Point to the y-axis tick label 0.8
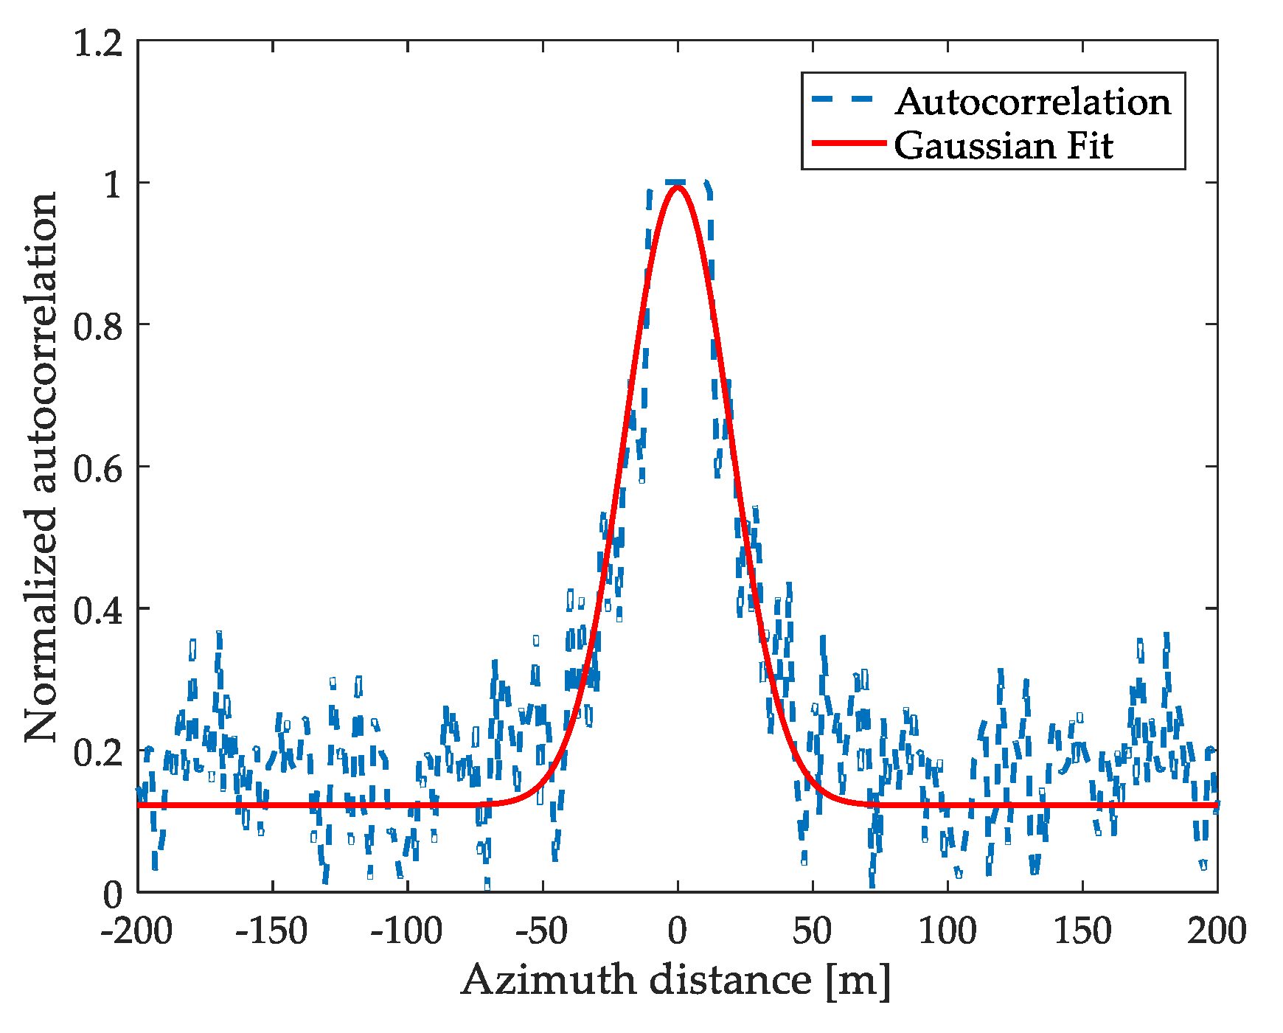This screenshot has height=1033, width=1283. pyautogui.click(x=98, y=327)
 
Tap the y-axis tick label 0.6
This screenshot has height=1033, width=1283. pyautogui.click(x=98, y=469)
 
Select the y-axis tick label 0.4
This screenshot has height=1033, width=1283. pyautogui.click(x=98, y=611)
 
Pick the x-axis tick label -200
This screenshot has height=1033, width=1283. pyautogui.click(x=136, y=931)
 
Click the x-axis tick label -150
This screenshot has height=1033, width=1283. pyautogui.click(x=271, y=931)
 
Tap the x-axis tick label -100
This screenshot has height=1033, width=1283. pyautogui.click(x=406, y=931)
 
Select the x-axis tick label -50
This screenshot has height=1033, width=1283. pyautogui.click(x=541, y=931)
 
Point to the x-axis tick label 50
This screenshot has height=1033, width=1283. pyautogui.click(x=812, y=931)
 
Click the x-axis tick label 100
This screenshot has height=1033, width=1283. pyautogui.click(x=947, y=931)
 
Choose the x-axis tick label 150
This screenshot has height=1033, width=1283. pyautogui.click(x=1082, y=931)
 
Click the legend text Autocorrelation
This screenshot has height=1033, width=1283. pyautogui.click(x=1033, y=102)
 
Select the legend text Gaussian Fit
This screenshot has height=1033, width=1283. pyautogui.click(x=1003, y=145)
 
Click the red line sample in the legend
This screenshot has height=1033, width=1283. pyautogui.click(x=848, y=143)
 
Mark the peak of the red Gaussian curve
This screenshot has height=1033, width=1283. pyautogui.click(x=677, y=187)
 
